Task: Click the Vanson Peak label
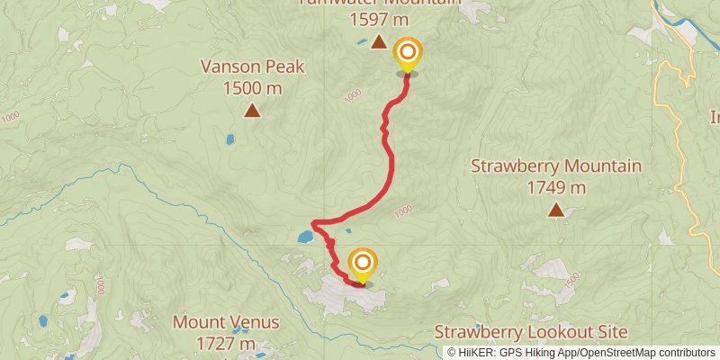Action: coord(253,67)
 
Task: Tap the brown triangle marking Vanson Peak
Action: coord(252,112)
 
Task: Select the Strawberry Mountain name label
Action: coord(556,166)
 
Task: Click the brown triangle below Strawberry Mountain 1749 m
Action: coord(556,211)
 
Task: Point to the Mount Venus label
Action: coord(226,322)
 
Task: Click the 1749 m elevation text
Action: coord(556,188)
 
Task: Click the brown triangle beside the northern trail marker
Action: coord(379,42)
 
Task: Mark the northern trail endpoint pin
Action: coord(408,54)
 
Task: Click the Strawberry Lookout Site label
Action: coord(531,332)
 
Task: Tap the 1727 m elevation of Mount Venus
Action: coord(226,344)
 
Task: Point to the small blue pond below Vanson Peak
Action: coord(230,139)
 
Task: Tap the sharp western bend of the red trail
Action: coord(313,223)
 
